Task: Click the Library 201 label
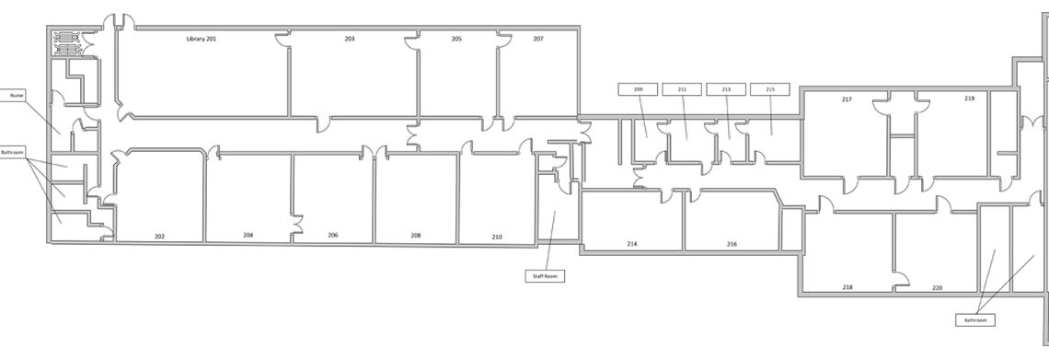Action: coord(201,40)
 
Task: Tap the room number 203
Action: coord(350,40)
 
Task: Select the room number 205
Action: coord(456,40)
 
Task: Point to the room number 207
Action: coord(538,40)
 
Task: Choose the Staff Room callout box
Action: coord(546,275)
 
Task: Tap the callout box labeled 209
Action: coord(638,89)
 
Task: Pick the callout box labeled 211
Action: coord(682,89)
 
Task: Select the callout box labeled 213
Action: coord(726,89)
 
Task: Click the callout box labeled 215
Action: coord(770,89)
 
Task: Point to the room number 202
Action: coord(159,237)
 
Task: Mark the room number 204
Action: coord(248,235)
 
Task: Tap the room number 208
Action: coord(415,235)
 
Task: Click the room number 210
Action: coord(496,237)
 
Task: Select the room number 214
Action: coord(631,244)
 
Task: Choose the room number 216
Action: coord(732,244)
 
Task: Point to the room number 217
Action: coord(847,99)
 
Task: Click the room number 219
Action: coord(969,99)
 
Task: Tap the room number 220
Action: coord(937,288)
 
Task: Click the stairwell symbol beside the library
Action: coord(66,42)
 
